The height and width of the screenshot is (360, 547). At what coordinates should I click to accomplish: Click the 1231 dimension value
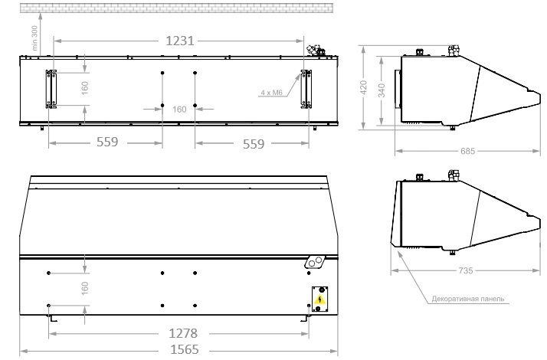click(180, 41)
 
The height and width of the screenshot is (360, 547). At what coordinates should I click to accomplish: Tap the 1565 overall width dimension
click(184, 349)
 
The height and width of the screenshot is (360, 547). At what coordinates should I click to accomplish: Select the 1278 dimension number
click(183, 333)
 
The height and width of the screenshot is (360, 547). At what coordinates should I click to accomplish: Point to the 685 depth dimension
click(467, 151)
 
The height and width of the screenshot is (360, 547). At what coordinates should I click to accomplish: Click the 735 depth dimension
click(466, 270)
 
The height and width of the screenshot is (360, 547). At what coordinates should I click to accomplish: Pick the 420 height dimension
click(363, 87)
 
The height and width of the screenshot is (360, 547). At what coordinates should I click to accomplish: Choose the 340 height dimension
click(382, 90)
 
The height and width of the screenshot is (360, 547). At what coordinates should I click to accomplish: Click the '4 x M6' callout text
click(271, 93)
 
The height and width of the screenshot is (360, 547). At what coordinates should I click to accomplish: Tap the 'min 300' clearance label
click(34, 38)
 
